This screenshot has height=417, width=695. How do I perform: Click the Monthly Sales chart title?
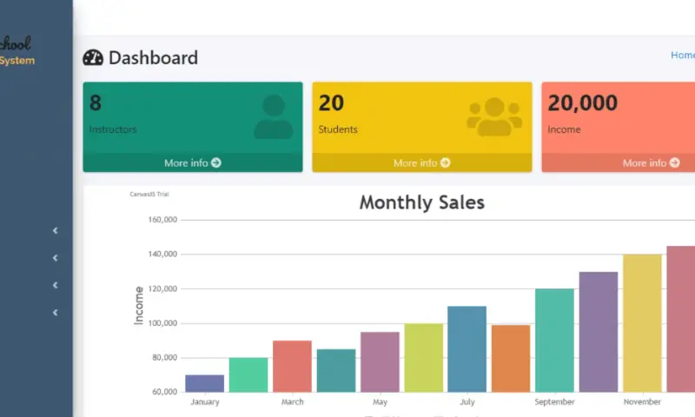[x=421, y=203]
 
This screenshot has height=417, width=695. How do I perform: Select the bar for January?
[x=204, y=383]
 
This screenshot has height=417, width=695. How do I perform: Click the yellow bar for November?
[x=642, y=322]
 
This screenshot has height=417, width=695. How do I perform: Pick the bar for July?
[x=467, y=348]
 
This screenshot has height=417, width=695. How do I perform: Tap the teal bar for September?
[x=554, y=340]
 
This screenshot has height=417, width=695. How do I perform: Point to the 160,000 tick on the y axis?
[x=157, y=220]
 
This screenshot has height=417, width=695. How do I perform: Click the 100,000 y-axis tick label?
[x=157, y=323]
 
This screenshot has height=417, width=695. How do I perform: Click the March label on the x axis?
[x=292, y=402]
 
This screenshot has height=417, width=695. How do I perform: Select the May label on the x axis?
[x=380, y=402]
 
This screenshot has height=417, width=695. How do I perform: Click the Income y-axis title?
[x=139, y=305]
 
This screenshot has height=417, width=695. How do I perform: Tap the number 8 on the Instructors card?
[x=96, y=103]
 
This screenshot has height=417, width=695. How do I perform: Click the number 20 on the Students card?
[x=331, y=103]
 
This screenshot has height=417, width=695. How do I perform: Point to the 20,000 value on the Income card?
[x=582, y=103]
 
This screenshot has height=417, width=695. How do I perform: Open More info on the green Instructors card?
[x=192, y=162]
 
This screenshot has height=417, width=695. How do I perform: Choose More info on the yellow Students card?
[x=421, y=162]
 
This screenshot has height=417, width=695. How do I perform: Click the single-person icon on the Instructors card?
[x=273, y=117]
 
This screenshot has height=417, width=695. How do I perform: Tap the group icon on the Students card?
[x=494, y=117]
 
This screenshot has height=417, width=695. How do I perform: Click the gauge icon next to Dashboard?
[x=93, y=58]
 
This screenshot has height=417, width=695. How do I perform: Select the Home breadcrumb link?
[x=683, y=55]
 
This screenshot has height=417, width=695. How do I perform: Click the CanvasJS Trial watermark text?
[x=149, y=194]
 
